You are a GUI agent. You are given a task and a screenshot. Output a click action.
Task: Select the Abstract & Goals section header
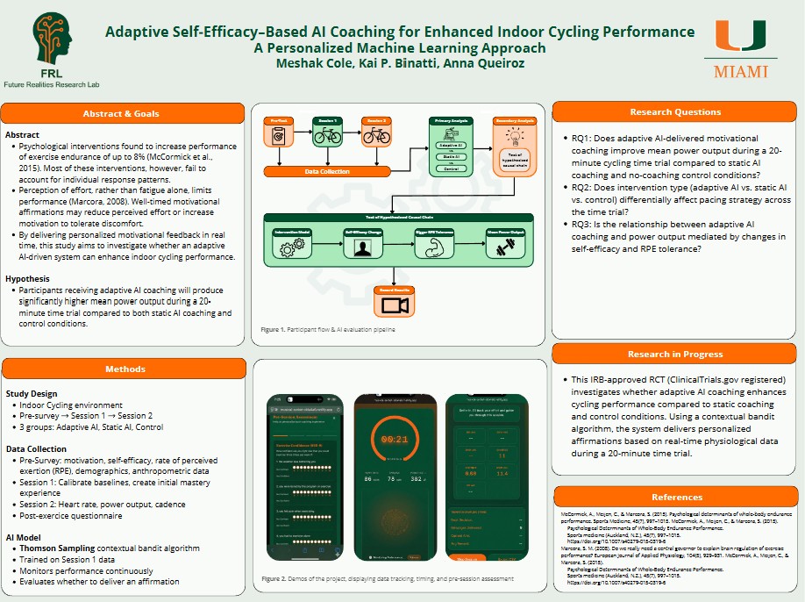122,113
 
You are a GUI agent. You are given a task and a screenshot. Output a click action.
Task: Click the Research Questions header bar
674,112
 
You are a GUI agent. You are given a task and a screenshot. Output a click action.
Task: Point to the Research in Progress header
674,354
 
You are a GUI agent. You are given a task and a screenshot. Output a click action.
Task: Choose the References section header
676,497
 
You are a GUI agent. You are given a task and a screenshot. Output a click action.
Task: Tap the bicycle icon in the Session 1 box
327,137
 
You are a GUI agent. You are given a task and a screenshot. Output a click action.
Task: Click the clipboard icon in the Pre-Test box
278,137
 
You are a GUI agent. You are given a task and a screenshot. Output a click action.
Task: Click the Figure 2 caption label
280,580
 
